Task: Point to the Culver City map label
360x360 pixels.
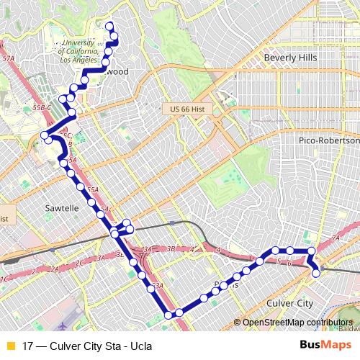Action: (x=290, y=304)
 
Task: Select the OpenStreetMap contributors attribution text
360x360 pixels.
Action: (x=297, y=323)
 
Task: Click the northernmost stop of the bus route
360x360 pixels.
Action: (x=110, y=27)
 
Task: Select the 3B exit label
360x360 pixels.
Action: (x=171, y=248)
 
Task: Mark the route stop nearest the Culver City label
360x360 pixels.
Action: (x=315, y=273)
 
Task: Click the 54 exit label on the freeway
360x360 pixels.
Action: (x=105, y=210)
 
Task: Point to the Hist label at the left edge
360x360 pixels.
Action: (x=4, y=216)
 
